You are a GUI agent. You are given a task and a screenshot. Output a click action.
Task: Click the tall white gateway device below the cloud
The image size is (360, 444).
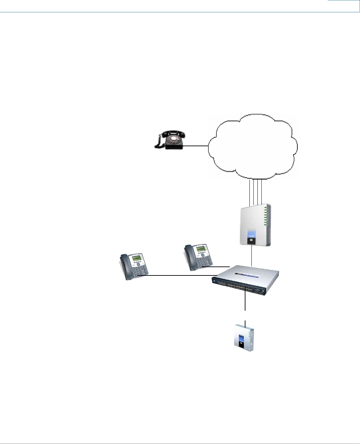click(x=255, y=225)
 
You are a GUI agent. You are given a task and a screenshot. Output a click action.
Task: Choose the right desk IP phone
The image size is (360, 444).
click(x=198, y=257)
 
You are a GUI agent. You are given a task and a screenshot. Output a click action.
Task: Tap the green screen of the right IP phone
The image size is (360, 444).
click(x=200, y=249)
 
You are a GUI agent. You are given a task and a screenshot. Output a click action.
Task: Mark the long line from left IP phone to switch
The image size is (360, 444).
click(x=180, y=275)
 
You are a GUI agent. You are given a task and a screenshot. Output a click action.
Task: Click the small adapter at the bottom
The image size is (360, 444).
click(x=244, y=338)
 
